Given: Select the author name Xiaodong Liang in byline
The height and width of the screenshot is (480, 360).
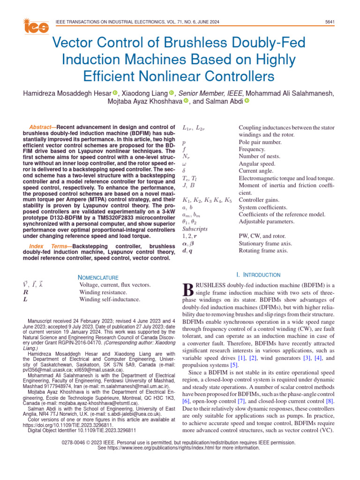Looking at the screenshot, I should [x=144, y=93].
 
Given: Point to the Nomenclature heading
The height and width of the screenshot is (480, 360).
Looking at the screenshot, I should [x=98, y=277].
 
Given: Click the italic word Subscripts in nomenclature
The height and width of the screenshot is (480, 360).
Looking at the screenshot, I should [x=195, y=229].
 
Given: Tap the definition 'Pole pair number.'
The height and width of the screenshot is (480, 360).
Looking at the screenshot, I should [x=260, y=142].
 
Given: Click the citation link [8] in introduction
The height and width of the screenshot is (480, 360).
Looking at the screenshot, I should [x=330, y=401].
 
